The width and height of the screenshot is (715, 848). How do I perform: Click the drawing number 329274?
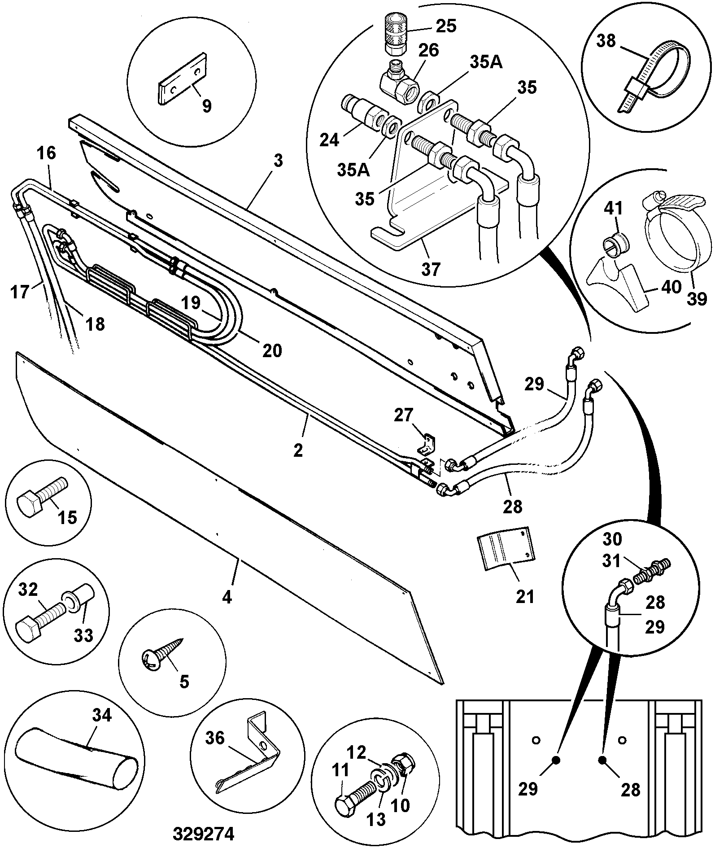click(x=204, y=834)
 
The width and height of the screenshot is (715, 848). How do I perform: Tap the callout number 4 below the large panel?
click(x=227, y=597)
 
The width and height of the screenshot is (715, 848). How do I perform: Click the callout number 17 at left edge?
click(x=19, y=292)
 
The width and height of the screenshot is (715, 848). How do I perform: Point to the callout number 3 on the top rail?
click(x=278, y=161)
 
